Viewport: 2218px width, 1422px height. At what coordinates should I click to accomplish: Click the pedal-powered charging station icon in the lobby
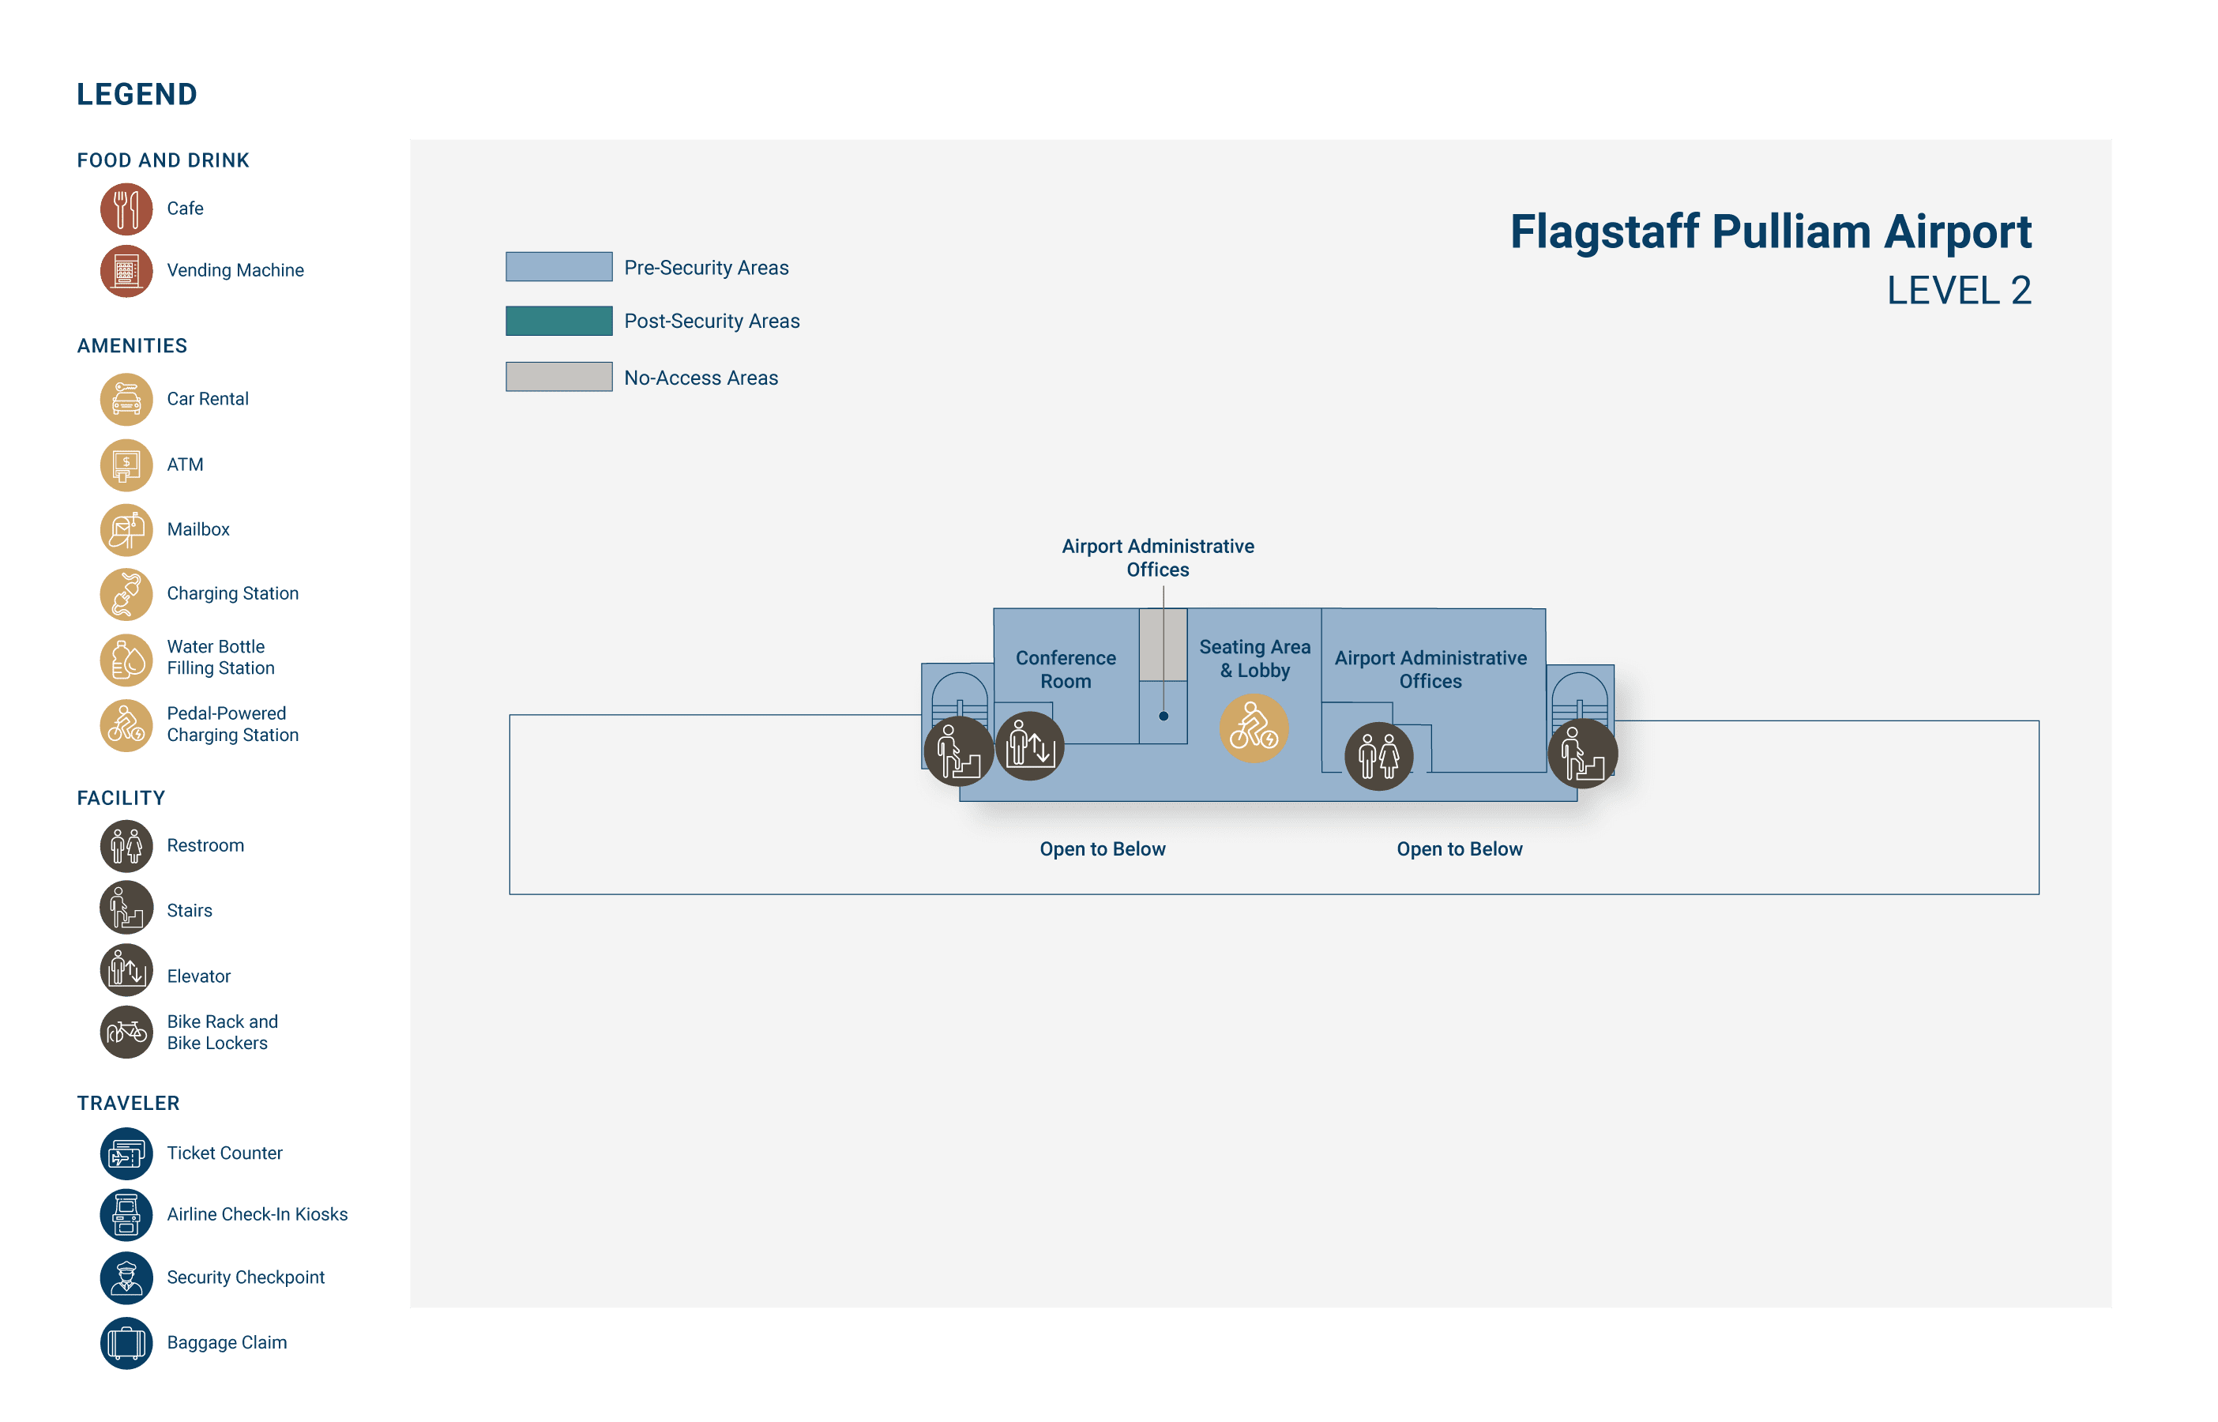point(1254,728)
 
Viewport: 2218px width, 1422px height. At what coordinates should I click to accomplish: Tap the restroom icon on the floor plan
point(1378,756)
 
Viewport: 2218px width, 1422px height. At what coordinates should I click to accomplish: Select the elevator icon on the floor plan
point(1030,745)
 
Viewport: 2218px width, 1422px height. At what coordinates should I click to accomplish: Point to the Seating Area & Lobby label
point(1254,658)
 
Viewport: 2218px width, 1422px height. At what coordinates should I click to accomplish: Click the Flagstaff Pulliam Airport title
point(1769,231)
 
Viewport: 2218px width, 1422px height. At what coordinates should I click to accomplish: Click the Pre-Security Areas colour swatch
point(558,267)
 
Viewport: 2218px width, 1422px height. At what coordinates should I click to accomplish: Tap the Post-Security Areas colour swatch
point(558,322)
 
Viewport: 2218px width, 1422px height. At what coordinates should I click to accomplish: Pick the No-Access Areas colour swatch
point(558,377)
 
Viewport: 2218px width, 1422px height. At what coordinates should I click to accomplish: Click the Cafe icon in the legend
point(126,209)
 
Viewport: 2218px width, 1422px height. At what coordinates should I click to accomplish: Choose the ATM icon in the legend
point(126,465)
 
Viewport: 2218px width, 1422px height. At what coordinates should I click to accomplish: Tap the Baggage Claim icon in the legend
point(126,1342)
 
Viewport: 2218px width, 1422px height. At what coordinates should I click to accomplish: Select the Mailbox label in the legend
point(198,530)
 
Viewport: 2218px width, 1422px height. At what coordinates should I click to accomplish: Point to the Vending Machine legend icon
point(126,270)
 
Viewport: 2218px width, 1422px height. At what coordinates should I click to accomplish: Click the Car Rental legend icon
point(126,399)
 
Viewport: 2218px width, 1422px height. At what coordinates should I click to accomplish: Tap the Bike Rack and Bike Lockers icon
point(126,1033)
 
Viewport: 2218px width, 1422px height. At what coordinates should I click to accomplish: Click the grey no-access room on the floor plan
point(1162,645)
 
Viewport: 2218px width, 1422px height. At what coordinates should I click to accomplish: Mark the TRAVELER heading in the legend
point(128,1104)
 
